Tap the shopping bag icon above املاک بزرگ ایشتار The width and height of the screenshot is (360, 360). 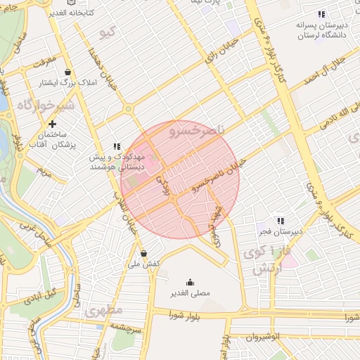67,72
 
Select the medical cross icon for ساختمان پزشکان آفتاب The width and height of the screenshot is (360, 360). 52,124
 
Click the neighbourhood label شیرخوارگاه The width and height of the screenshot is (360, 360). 45,105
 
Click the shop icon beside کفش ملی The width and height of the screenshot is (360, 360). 143,253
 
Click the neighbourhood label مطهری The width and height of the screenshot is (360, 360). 105,310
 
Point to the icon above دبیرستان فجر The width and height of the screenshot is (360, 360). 280,221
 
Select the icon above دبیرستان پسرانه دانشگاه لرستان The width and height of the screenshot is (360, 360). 321,14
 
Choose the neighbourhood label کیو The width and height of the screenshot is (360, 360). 107,32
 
